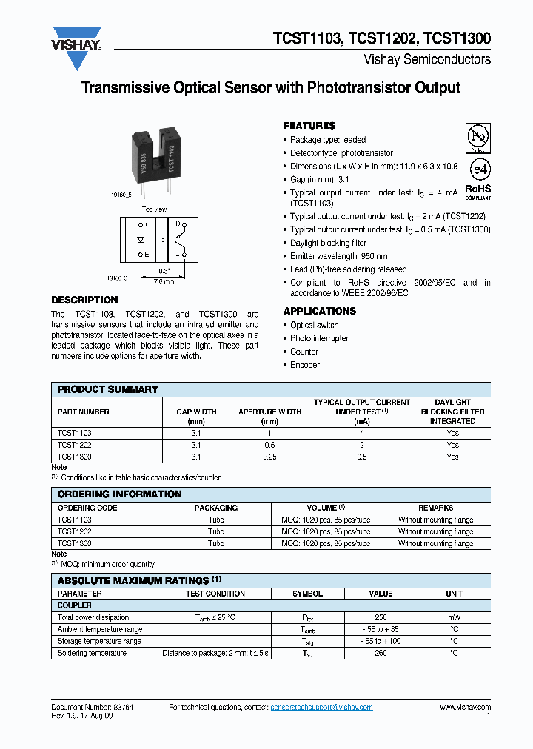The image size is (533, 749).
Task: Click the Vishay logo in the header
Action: [76, 38]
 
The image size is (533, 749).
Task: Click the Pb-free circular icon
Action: [477, 138]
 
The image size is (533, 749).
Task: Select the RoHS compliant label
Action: [477, 192]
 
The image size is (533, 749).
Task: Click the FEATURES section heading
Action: [309, 126]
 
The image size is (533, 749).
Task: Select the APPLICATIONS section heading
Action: [320, 312]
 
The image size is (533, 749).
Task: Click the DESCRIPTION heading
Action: [84, 300]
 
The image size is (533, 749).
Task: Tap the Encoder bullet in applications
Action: [305, 365]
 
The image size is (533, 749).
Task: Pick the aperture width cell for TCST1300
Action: [269, 457]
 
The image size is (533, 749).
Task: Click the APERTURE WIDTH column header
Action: [269, 412]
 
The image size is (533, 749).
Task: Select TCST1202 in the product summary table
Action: [75, 446]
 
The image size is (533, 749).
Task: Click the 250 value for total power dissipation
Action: [381, 617]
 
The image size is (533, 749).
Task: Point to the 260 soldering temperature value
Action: [381, 653]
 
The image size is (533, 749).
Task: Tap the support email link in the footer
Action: [321, 708]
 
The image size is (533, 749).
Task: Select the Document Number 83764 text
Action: [92, 708]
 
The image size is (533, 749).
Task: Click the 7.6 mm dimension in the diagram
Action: [163, 281]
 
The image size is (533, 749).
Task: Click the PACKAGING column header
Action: [215, 508]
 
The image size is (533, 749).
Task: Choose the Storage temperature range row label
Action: [99, 641]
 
